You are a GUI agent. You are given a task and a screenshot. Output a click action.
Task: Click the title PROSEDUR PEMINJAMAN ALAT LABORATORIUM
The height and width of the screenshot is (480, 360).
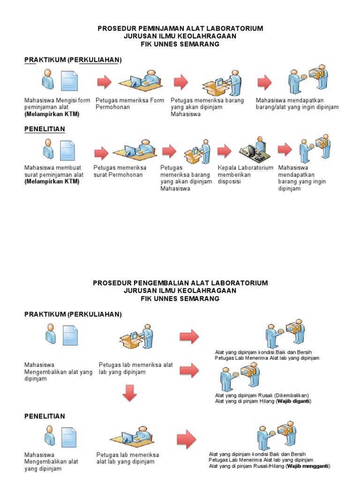click(180, 29)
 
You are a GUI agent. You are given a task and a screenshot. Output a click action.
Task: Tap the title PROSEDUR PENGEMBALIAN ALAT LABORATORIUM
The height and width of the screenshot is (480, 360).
click(180, 283)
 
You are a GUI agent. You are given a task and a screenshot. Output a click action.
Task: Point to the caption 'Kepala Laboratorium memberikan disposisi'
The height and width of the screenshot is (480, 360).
click(245, 174)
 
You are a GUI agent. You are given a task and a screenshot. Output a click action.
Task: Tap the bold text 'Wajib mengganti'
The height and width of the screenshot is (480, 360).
click(308, 466)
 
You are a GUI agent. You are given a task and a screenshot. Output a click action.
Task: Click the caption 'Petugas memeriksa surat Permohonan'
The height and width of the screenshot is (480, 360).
click(120, 171)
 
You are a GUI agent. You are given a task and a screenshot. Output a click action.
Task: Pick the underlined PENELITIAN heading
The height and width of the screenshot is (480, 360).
click(45, 129)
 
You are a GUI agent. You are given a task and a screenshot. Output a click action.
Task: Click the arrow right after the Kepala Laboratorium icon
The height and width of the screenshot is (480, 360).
click(285, 150)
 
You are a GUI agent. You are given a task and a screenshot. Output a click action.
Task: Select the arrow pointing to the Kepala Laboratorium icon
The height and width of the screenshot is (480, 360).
click(224, 150)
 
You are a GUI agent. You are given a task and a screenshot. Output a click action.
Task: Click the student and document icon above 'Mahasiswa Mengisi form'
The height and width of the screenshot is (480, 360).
click(60, 80)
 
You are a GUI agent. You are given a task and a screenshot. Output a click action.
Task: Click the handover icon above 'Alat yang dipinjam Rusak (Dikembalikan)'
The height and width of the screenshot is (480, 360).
click(240, 378)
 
